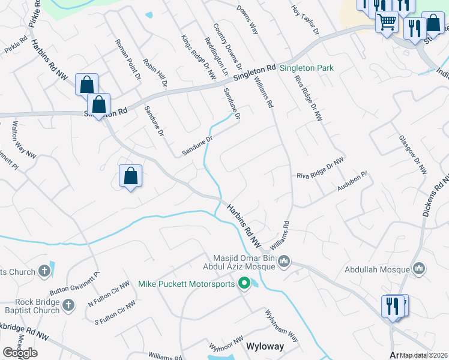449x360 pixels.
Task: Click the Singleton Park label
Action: coord(307,68)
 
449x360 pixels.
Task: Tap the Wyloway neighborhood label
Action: coord(265,347)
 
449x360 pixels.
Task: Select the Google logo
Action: coord(20,353)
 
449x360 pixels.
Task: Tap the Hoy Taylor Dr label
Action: coord(305,20)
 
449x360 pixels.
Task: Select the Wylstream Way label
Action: coord(282,326)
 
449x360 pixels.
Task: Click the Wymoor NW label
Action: coord(224,346)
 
